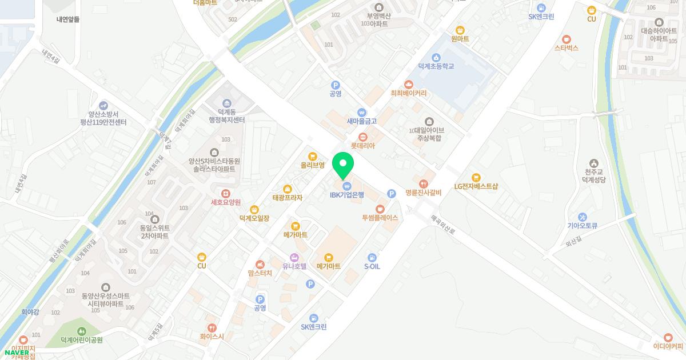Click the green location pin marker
[343, 165]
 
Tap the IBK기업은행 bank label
[346, 195]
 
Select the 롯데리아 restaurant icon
[362, 137]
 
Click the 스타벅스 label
[566, 48]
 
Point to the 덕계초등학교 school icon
[436, 57]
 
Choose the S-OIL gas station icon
[372, 258]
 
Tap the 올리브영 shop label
[313, 165]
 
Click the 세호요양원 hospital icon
[226, 194]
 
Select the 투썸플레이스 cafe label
[380, 218]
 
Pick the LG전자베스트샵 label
[476, 186]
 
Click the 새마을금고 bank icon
[361, 112]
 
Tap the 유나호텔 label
[294, 266]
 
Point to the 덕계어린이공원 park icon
[81, 331]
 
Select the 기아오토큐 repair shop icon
[582, 217]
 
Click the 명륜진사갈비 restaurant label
[423, 193]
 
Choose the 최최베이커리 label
[408, 93]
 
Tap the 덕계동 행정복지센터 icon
[227, 103]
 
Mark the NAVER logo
[17, 353]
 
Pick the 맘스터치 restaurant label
[260, 273]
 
